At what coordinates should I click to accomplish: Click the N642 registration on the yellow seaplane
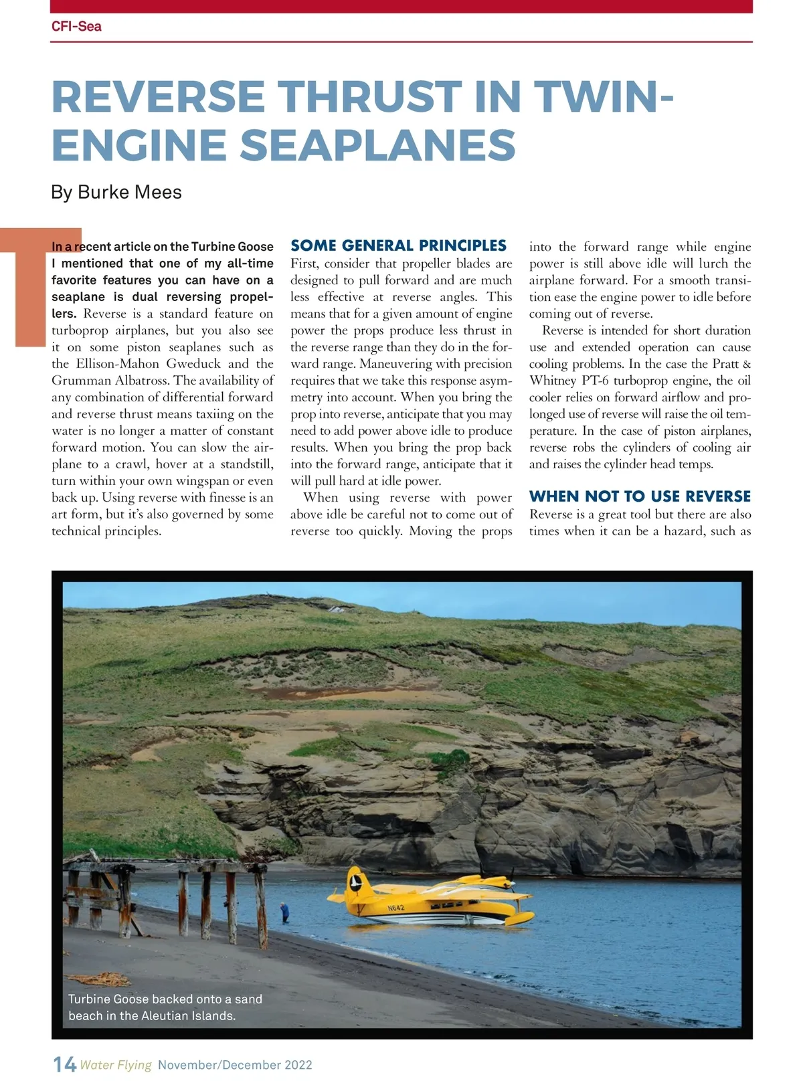point(396,908)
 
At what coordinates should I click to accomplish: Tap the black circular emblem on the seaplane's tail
point(357,882)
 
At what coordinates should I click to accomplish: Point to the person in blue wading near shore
point(285,911)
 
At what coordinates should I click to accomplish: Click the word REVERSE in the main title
point(158,97)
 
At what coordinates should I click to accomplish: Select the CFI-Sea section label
point(76,27)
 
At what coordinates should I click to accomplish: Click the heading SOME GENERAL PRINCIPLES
point(398,245)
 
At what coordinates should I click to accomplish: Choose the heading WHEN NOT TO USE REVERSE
point(640,496)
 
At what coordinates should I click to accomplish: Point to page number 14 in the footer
point(64,1064)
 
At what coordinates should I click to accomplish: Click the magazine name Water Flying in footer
point(116,1065)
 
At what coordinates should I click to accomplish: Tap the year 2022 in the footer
point(298,1065)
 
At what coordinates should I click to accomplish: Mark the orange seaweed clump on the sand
point(110,980)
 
